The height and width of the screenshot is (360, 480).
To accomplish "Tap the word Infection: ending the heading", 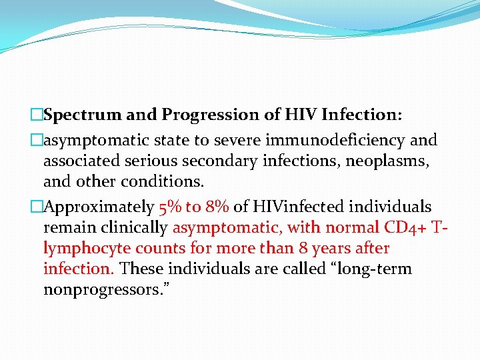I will [361, 115].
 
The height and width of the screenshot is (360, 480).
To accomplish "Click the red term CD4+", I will [406, 227].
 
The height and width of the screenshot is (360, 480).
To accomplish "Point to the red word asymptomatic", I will [228, 227].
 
